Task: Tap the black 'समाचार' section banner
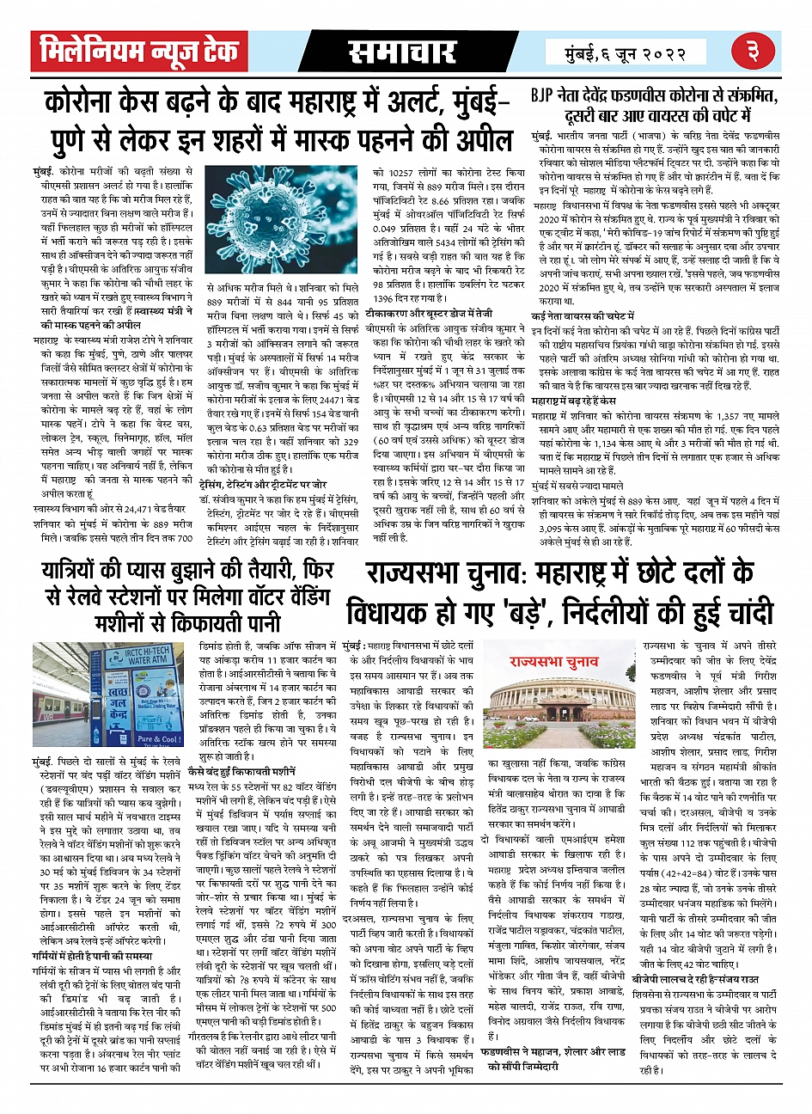tap(401, 52)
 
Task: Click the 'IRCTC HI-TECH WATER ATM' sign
tap(147, 661)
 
